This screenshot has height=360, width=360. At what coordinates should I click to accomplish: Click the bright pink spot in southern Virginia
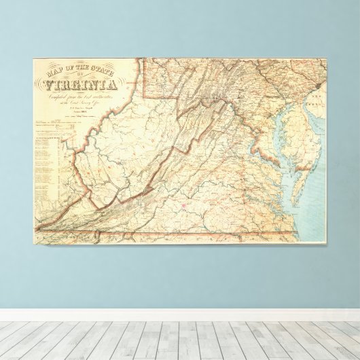(x=184, y=202)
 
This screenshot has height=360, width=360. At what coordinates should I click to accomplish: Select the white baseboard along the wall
(x=180, y=314)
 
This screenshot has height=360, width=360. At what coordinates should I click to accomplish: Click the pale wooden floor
(x=180, y=340)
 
